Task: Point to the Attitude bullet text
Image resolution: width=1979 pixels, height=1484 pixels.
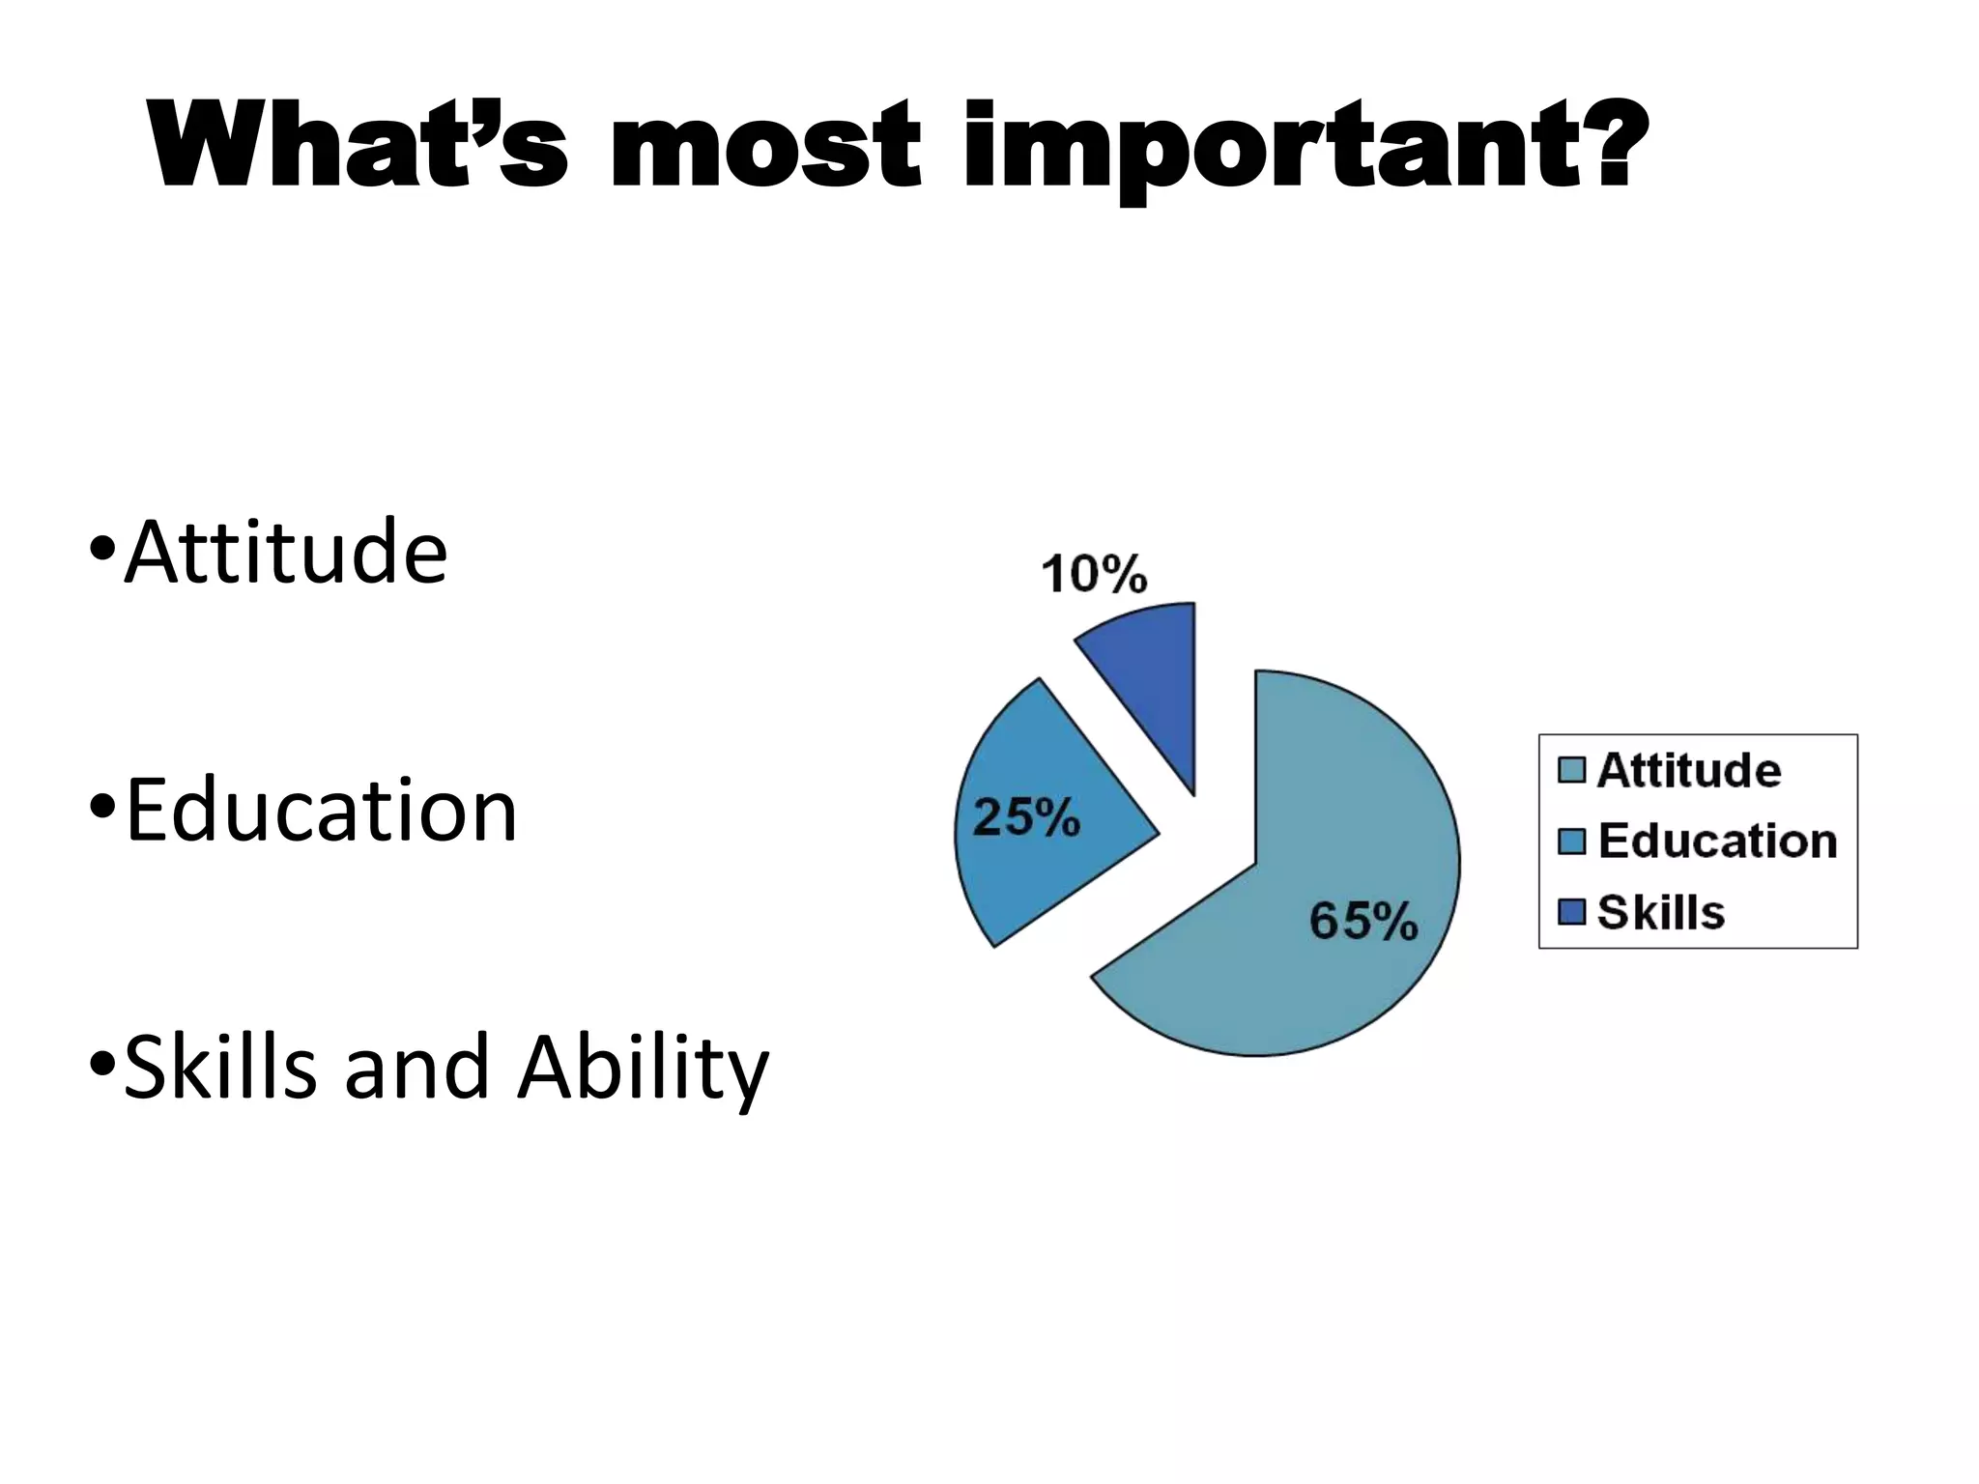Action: pos(286,553)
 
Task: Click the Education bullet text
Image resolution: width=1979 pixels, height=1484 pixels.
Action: pos(321,812)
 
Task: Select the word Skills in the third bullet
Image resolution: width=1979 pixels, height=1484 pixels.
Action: pos(220,1067)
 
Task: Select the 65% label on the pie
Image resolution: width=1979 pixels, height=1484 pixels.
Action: pos(1362,921)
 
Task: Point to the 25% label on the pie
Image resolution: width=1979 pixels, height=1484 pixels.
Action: pos(1025,818)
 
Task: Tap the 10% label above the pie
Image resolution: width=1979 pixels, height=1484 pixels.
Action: pos(1094,575)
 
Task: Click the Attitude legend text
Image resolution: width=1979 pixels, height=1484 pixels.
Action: pos(1688,771)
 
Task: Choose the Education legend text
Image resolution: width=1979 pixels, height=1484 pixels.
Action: pos(1717,842)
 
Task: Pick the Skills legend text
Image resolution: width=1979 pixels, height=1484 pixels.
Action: pos(1660,912)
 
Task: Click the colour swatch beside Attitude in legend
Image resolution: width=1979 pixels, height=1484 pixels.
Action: pos(1572,771)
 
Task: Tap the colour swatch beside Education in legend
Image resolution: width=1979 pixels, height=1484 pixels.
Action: pos(1572,842)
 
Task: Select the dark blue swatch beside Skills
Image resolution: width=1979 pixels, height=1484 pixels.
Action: pos(1572,912)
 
